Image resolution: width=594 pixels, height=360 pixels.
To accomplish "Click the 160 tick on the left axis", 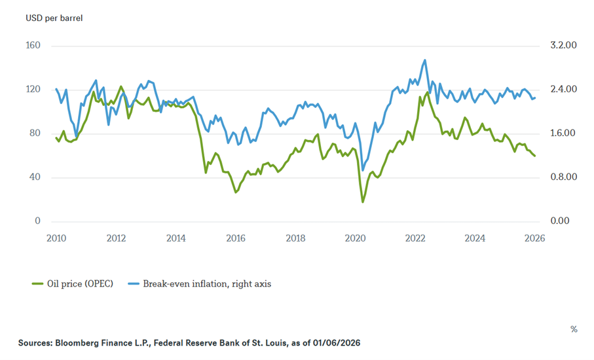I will pyautogui.click(x=33, y=46).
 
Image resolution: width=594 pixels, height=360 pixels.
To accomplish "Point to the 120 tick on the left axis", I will pyautogui.click(x=33, y=90).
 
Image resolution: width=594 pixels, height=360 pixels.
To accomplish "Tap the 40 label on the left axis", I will pyautogui.click(x=35, y=177).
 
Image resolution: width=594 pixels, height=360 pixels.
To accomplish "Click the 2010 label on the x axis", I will pyautogui.click(x=56, y=238).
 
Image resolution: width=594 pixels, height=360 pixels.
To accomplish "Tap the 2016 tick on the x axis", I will pyautogui.click(x=236, y=238).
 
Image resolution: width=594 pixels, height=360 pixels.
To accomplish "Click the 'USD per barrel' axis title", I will pyautogui.click(x=54, y=18).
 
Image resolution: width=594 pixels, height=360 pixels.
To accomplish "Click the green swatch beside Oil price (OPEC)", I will pyautogui.click(x=37, y=283).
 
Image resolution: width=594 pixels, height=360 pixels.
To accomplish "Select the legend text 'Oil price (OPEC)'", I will pyautogui.click(x=80, y=283).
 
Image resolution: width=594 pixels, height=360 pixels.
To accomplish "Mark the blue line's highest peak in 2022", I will pyautogui.click(x=425, y=60).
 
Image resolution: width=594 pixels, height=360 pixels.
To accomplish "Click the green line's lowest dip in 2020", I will pyautogui.click(x=363, y=202).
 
